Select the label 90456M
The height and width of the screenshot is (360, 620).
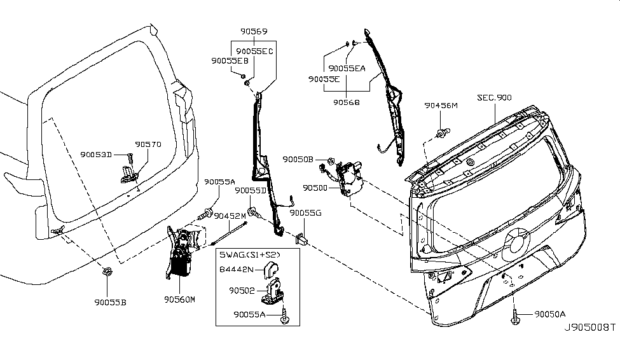pyautogui.click(x=441, y=106)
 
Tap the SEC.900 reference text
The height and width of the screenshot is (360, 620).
pyautogui.click(x=495, y=99)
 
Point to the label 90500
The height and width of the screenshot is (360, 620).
pyautogui.click(x=315, y=188)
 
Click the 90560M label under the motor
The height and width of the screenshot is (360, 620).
pyautogui.click(x=179, y=298)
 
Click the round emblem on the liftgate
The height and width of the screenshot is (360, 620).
pyautogui.click(x=517, y=242)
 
